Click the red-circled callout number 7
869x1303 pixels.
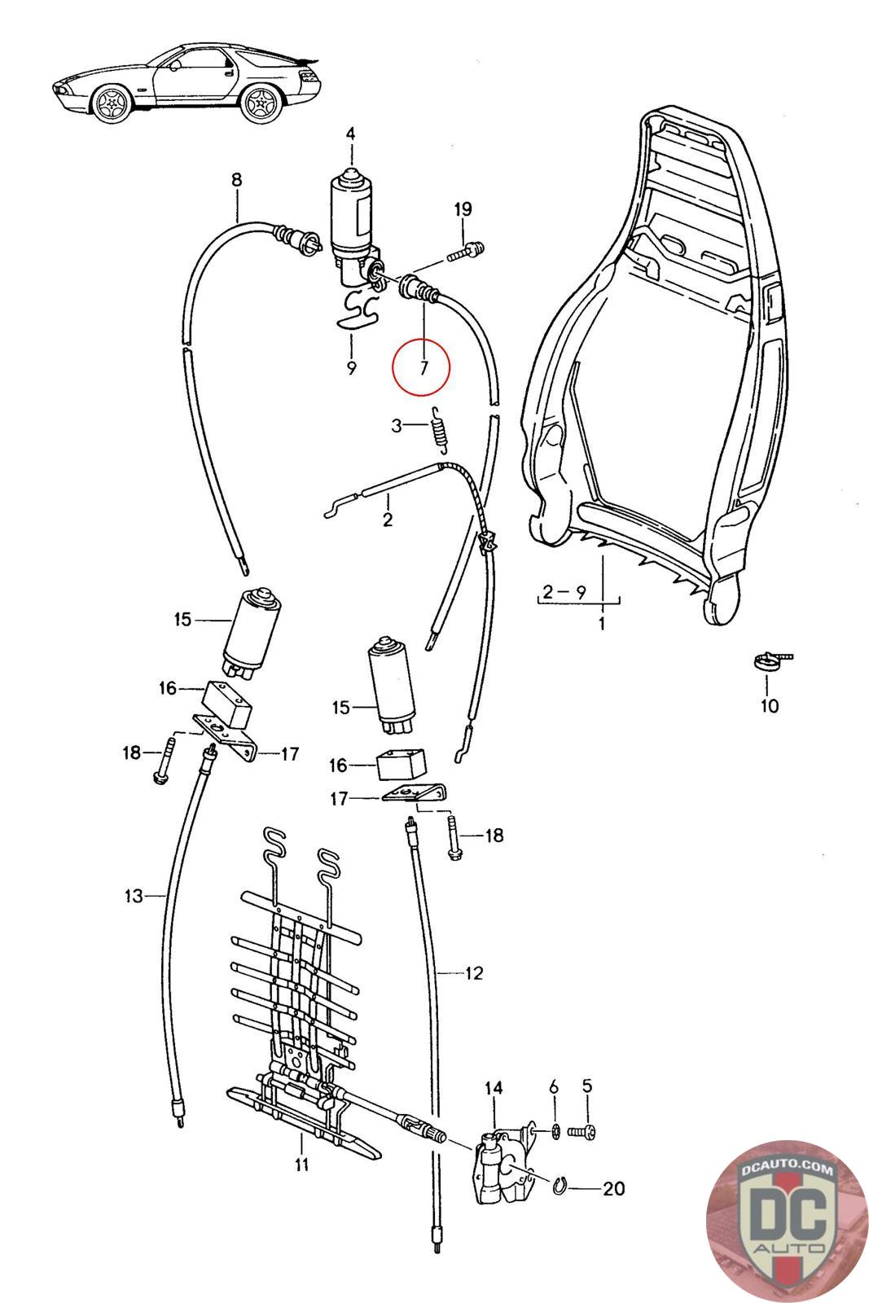(x=421, y=366)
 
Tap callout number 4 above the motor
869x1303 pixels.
(x=350, y=134)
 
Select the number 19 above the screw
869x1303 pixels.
(x=463, y=210)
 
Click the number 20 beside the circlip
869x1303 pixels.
(x=613, y=1189)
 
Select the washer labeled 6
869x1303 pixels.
(x=554, y=1130)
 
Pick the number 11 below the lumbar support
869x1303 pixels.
(x=301, y=1165)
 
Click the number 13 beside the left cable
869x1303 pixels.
(x=134, y=896)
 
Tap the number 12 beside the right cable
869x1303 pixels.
(x=474, y=972)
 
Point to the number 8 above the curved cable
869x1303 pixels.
(x=236, y=180)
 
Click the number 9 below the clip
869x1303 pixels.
(x=351, y=368)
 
